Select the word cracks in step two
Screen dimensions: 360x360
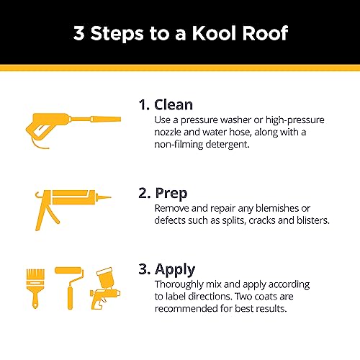tap(253, 220)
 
